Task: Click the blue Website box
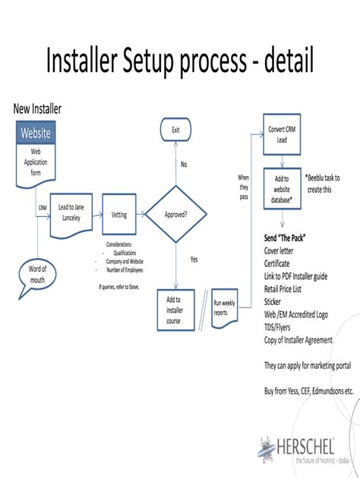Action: click(x=35, y=133)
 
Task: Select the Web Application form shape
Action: click(x=35, y=163)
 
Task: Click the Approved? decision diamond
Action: click(x=175, y=215)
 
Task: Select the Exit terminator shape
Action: click(x=175, y=131)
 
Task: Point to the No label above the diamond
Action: click(x=183, y=164)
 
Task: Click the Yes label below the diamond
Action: click(x=194, y=259)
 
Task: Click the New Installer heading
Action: click(x=37, y=109)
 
